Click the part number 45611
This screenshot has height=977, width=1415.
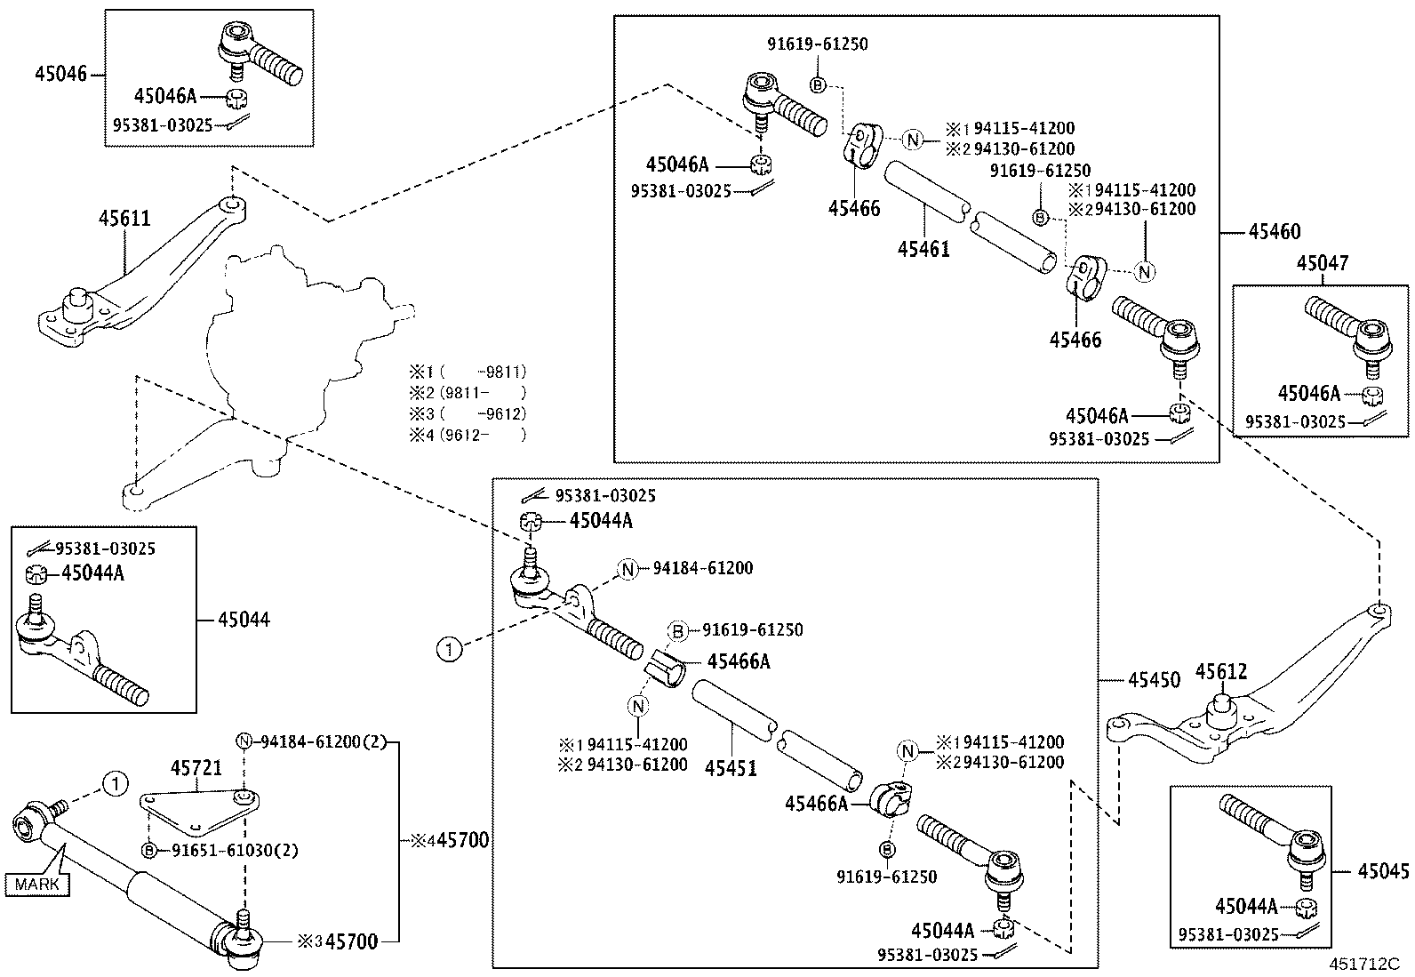124,220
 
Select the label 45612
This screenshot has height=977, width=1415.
1220,673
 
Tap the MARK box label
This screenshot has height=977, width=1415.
37,884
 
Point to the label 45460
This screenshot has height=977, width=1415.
1274,232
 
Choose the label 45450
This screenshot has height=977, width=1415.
1154,680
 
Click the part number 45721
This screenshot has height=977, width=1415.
196,767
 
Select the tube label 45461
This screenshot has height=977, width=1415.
923,249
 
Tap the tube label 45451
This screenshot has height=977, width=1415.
731,768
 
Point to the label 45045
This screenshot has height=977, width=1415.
1383,872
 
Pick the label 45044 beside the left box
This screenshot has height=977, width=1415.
244,620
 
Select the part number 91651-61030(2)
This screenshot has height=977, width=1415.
234,851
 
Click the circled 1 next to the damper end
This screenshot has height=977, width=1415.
114,784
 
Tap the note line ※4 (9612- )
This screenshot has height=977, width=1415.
468,435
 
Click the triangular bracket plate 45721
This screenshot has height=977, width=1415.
191,805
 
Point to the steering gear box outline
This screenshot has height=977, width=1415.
284,338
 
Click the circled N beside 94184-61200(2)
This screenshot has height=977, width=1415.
244,741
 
